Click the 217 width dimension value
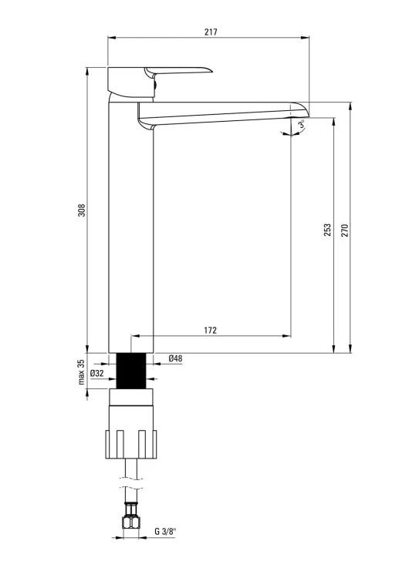coord(211,32)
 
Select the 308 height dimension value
coord(82,210)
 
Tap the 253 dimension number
coord(328,230)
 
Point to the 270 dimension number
coord(345,230)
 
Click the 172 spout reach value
coord(211,330)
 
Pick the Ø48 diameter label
coord(175,358)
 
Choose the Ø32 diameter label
coord(96,373)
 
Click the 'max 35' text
coord(82,372)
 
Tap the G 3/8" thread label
coord(166,531)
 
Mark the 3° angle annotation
coord(302,124)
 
